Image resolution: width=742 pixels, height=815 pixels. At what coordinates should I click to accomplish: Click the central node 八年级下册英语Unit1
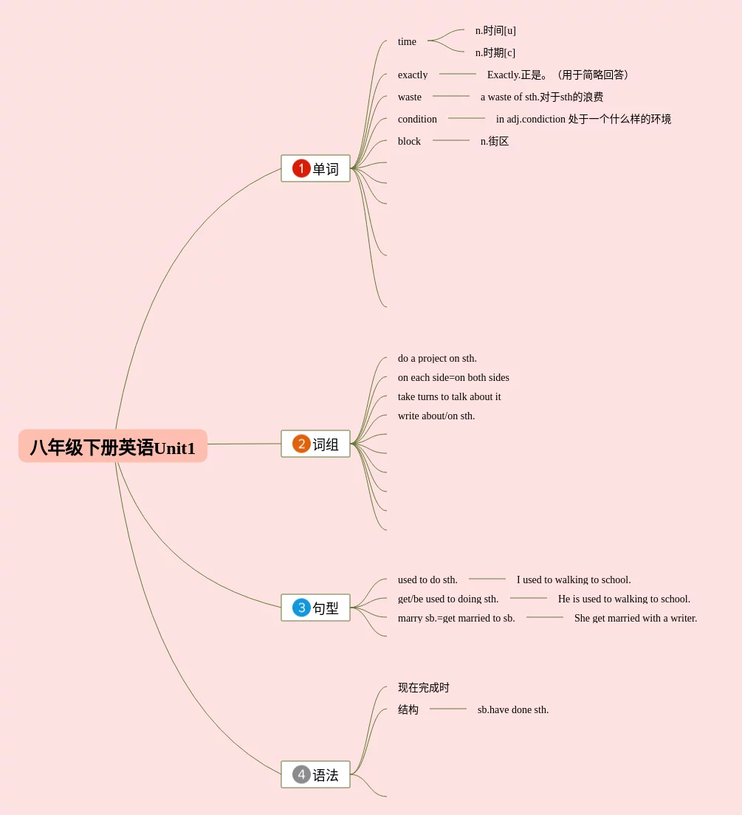113,447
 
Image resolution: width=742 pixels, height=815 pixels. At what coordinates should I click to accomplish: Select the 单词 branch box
315,168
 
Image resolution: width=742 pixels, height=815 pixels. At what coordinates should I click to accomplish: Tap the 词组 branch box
315,444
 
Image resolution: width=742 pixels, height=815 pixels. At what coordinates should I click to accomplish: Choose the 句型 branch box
315,608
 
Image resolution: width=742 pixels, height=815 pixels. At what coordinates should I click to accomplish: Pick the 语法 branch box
315,774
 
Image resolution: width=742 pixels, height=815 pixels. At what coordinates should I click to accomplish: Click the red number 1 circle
301,168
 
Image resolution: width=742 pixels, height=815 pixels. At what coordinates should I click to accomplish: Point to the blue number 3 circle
301,608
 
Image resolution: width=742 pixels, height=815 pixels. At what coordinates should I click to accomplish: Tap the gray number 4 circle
301,774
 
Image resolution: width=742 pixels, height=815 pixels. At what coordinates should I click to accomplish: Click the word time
407,41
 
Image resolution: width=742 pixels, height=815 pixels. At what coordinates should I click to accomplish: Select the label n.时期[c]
495,52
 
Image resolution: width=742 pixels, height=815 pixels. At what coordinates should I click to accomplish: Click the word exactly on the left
413,75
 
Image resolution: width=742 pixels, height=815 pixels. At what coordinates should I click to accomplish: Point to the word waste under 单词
410,97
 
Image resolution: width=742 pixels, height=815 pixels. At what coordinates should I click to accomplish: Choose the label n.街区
495,141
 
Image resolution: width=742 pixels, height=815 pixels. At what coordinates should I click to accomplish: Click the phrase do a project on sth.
437,358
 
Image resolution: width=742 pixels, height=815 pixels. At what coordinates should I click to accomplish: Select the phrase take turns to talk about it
449,396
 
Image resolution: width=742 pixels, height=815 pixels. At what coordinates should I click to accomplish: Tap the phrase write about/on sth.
436,416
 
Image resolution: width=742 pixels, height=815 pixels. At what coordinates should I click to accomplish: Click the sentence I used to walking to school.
574,580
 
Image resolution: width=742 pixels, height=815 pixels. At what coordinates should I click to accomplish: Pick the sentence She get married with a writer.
636,618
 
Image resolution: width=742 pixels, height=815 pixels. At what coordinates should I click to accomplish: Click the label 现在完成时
424,687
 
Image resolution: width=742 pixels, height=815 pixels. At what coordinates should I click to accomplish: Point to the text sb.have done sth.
513,709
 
